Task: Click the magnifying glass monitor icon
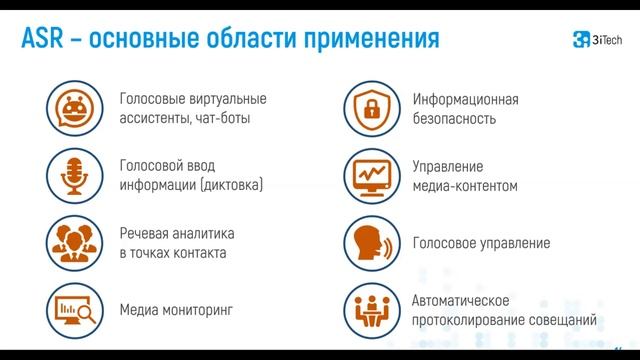click(x=74, y=309)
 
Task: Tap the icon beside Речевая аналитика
click(x=74, y=243)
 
